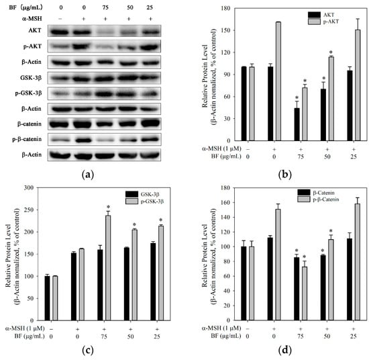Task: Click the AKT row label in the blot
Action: coord(35,30)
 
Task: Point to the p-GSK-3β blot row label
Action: coord(28,93)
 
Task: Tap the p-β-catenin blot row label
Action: coord(27,139)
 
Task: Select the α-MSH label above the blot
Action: coord(32,19)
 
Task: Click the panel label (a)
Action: coord(88,175)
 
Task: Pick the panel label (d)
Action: coord(284,351)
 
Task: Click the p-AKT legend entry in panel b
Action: coord(323,21)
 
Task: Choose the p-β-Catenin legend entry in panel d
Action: coord(319,199)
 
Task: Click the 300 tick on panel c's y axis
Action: coord(29,187)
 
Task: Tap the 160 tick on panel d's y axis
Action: coord(225,202)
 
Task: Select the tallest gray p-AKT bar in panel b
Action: coord(278,81)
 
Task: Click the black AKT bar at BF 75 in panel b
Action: coord(297,124)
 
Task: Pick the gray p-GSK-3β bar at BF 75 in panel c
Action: coord(108,268)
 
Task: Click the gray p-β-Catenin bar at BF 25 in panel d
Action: coord(357,262)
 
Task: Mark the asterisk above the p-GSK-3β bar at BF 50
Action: coord(135,224)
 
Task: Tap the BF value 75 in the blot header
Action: coord(105,7)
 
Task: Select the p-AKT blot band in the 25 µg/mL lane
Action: coord(150,46)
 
